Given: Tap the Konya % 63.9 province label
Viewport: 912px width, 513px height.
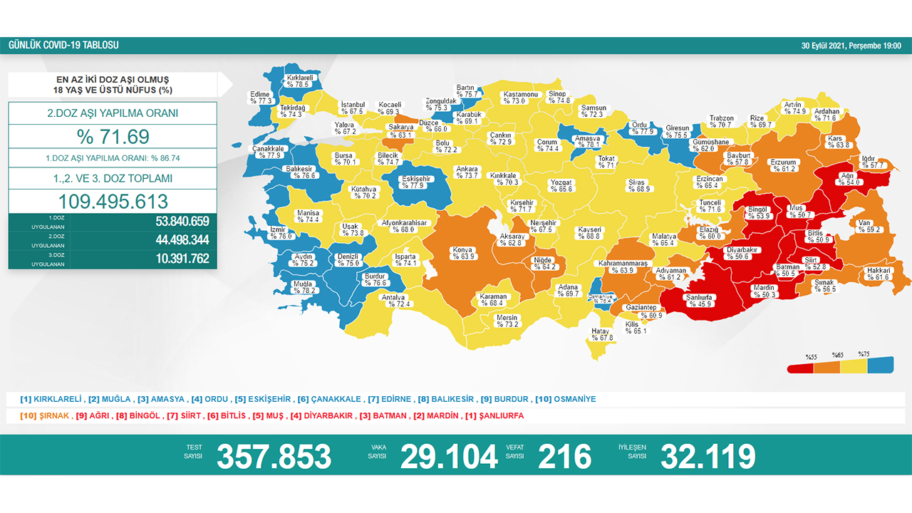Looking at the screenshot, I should pos(462,253).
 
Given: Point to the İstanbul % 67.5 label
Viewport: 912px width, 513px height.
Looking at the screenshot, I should pos(352,108).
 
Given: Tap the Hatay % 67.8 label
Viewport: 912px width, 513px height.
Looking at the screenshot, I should pos(601,334).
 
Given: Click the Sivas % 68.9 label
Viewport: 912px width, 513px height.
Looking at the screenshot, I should pos(636,185).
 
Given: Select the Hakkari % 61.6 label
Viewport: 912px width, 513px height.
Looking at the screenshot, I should pos(878,274).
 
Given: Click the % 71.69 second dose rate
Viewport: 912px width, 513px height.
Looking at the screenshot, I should pos(113,136).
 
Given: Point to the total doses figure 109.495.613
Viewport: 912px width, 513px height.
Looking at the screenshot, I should pos(113,201).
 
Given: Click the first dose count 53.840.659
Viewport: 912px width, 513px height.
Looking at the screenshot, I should pos(182,221).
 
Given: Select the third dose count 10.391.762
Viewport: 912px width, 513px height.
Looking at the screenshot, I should pos(182,259).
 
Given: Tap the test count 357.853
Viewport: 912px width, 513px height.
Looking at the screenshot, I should pos(274,456).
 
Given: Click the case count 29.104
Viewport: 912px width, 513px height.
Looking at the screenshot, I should pos(448,456).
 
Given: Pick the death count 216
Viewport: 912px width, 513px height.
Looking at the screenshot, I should pos(564,456).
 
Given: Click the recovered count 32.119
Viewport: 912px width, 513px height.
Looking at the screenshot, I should pos(708,456).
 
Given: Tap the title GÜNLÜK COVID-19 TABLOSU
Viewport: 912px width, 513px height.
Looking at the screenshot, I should pos(63,46).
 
